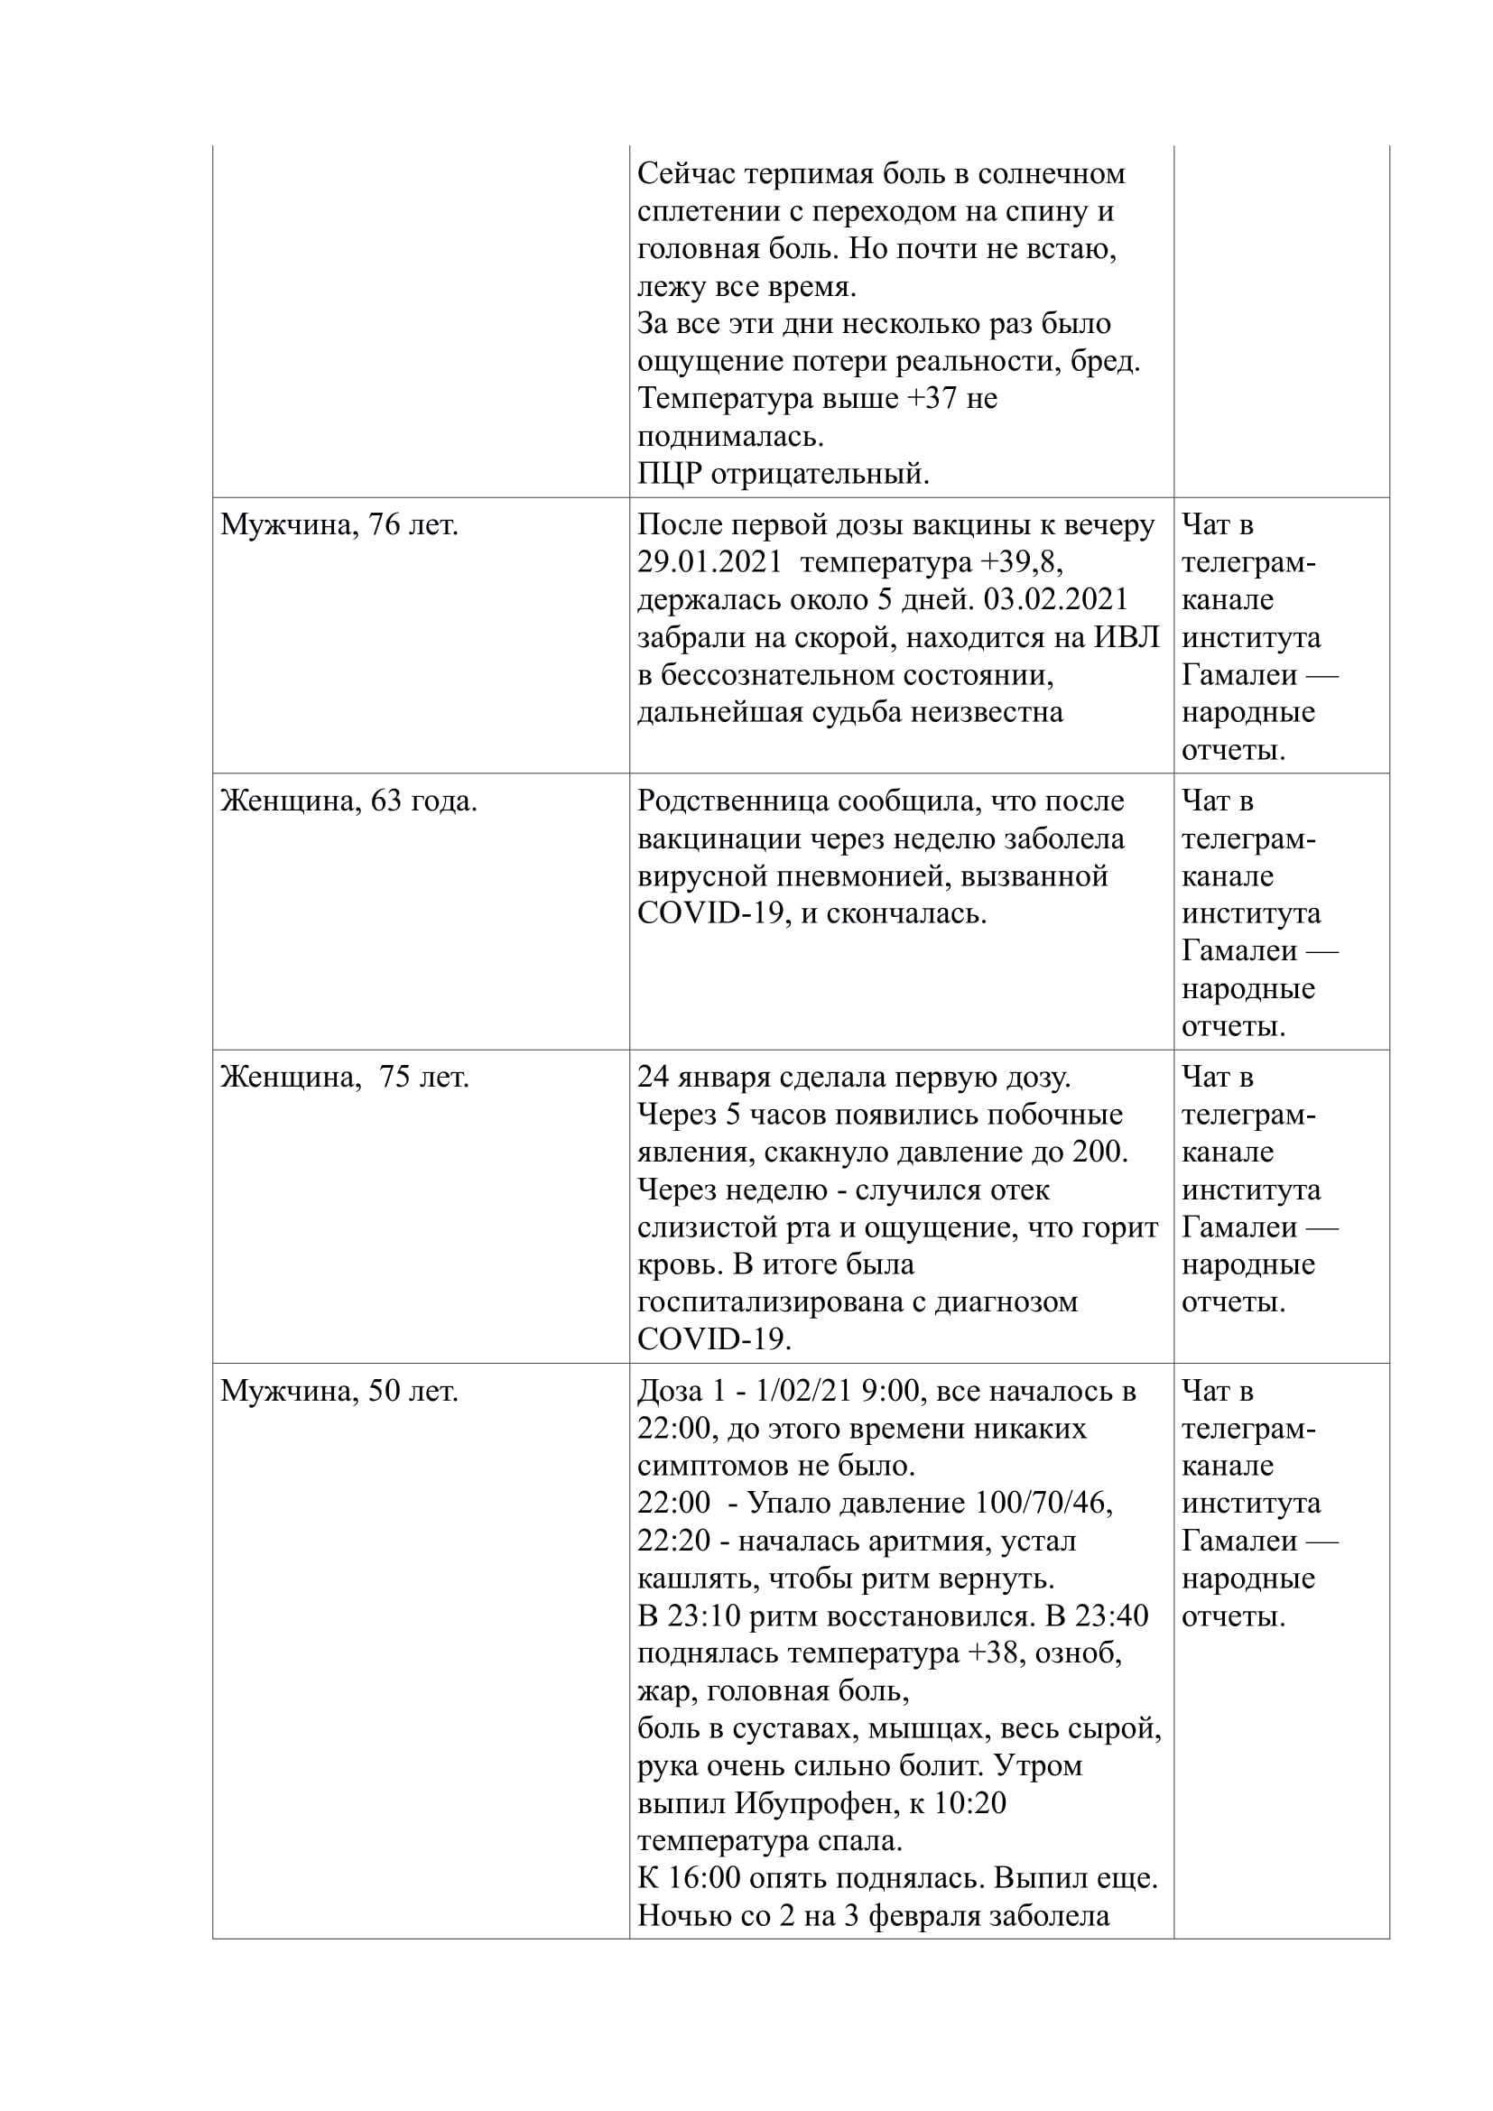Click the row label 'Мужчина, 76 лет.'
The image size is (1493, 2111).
pyautogui.click(x=339, y=525)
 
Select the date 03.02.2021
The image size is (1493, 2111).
pyautogui.click(x=1055, y=599)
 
